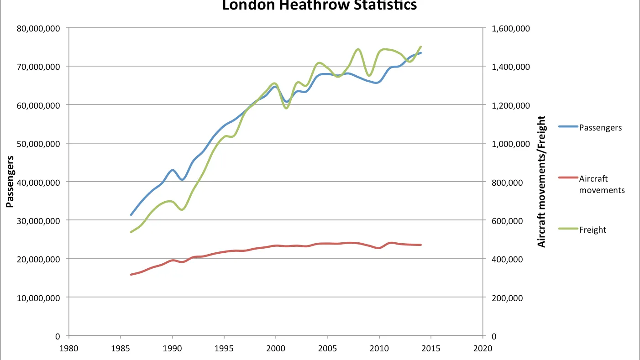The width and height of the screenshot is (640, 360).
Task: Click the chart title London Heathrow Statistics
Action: [x=320, y=5]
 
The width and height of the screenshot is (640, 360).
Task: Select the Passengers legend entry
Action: [x=600, y=127]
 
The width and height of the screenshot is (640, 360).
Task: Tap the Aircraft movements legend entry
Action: [x=602, y=184]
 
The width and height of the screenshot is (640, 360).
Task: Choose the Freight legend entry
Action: [x=593, y=230]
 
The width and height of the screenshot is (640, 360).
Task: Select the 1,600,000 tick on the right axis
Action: [x=511, y=28]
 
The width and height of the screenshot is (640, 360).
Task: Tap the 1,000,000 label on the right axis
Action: [x=511, y=144]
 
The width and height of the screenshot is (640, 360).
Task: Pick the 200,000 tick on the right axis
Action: [x=507, y=297]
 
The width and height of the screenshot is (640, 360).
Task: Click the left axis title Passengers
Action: [x=10, y=182]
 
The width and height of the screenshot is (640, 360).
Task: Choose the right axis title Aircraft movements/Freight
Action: [x=542, y=182]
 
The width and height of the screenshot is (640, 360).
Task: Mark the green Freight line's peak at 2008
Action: [x=358, y=49]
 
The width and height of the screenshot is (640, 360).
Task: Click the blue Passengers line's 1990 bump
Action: [x=172, y=170]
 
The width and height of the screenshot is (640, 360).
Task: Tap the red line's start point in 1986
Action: [x=131, y=275]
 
